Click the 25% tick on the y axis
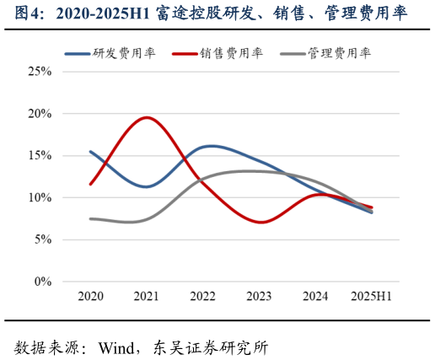point(39,72)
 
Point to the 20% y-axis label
point(39,114)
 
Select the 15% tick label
point(39,156)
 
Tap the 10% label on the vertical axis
point(39,198)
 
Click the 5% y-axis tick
point(41,240)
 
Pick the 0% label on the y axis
point(41,282)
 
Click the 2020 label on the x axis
point(90,297)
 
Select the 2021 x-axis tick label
point(147,297)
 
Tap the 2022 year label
point(203,297)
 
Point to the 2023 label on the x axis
point(259,297)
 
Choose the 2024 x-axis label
point(315,297)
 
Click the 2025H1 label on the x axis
point(372,297)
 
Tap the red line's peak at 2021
point(148,117)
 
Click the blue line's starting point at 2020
point(90,152)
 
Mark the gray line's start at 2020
point(90,219)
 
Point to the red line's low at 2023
point(260,223)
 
